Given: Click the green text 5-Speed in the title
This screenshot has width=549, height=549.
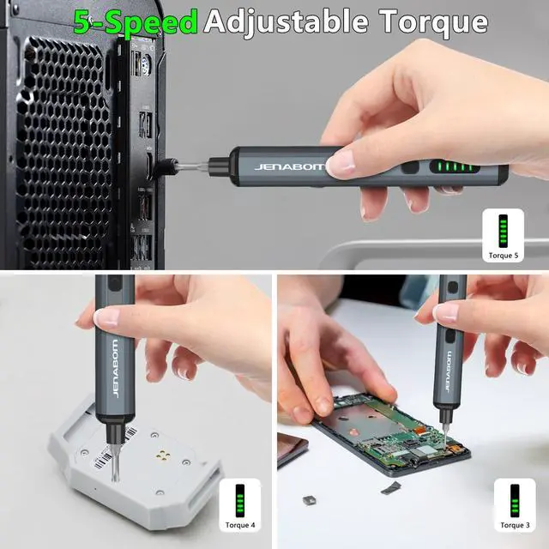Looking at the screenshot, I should click(x=136, y=21).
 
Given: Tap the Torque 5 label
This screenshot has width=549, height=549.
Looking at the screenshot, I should click(x=504, y=255).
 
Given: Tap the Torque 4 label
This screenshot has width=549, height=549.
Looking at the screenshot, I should click(x=239, y=525).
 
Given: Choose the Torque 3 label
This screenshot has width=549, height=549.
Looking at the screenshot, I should click(x=515, y=525).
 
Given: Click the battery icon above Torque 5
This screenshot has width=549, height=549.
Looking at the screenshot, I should click(x=504, y=230).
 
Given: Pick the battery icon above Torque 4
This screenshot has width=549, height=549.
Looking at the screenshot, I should click(x=239, y=500).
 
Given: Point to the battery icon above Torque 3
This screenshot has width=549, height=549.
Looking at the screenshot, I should click(x=515, y=500).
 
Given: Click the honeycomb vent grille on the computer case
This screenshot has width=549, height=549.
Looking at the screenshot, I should click(x=64, y=146).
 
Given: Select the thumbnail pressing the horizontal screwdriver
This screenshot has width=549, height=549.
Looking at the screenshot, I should click(x=342, y=161).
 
